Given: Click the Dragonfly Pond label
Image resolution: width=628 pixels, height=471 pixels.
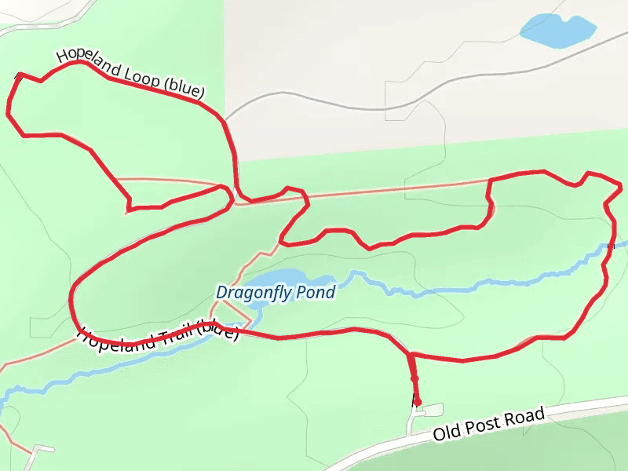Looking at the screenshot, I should [276, 293].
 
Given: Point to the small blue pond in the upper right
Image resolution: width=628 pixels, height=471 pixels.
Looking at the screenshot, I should [557, 31].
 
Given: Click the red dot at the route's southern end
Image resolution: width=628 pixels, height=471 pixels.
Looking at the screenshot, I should [418, 403].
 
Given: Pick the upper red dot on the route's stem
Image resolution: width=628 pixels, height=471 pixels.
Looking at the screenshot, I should [414, 378].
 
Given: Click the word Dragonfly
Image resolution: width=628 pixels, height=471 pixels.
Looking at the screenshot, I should [254, 293].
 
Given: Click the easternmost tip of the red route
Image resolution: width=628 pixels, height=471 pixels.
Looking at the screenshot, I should [622, 187].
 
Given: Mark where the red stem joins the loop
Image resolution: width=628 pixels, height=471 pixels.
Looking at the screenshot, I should [410, 356].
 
